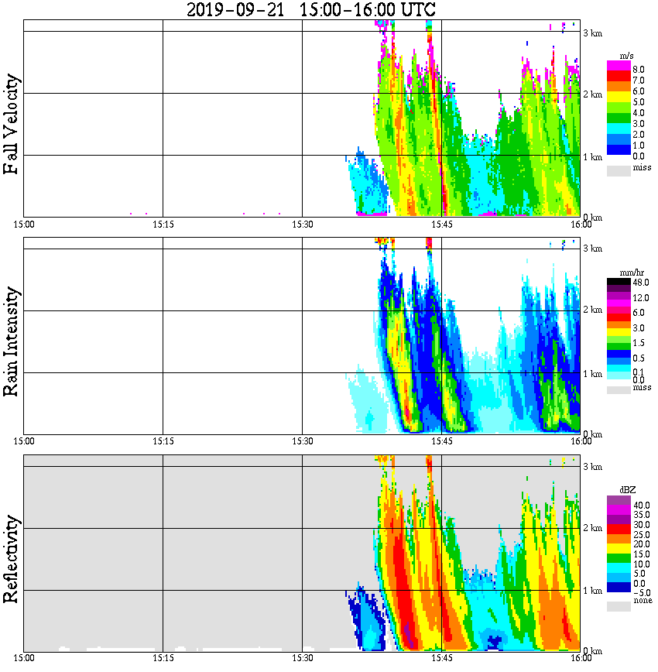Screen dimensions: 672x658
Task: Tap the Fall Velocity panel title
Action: (12, 125)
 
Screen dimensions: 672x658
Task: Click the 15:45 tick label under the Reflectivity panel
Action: (441, 658)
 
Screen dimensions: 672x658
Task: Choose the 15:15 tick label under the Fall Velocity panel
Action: (163, 225)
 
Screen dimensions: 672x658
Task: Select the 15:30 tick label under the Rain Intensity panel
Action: (302, 441)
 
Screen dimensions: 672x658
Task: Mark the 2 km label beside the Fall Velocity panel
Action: (592, 94)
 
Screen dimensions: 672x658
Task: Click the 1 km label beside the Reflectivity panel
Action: (592, 591)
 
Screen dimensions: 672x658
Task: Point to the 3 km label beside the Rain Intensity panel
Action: (592, 249)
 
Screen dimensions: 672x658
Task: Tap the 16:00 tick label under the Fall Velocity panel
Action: (581, 225)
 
